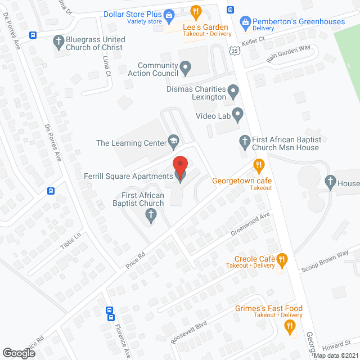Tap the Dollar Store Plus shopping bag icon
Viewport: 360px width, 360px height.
[169, 14]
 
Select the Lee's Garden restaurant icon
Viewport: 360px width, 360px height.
[196, 11]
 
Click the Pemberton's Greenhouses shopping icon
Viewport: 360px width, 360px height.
[245, 22]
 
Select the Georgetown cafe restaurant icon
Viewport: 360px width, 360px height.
[259, 165]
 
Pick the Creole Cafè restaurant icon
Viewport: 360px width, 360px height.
[282, 259]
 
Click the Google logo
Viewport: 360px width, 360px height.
[18, 353]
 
